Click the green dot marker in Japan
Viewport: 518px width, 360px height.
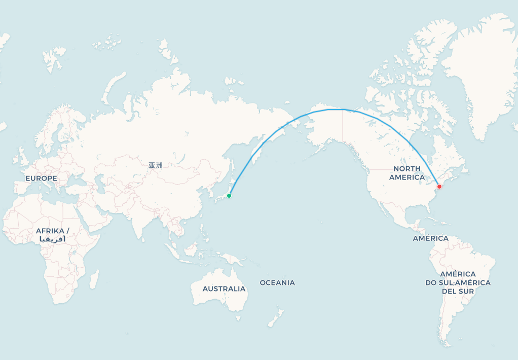(229, 196)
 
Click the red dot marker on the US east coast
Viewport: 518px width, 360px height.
(439, 187)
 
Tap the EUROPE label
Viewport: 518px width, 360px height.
(41, 178)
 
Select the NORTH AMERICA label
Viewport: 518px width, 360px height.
(407, 173)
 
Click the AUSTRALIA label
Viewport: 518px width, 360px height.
(224, 289)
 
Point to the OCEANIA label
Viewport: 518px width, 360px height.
(277, 282)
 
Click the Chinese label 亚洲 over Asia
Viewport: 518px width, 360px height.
(156, 165)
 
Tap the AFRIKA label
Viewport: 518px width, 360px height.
(52, 231)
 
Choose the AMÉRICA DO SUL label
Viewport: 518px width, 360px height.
(458, 282)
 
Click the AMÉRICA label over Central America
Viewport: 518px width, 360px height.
(430, 238)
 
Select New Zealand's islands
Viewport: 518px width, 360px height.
(276, 317)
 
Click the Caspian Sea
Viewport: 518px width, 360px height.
(100, 186)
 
